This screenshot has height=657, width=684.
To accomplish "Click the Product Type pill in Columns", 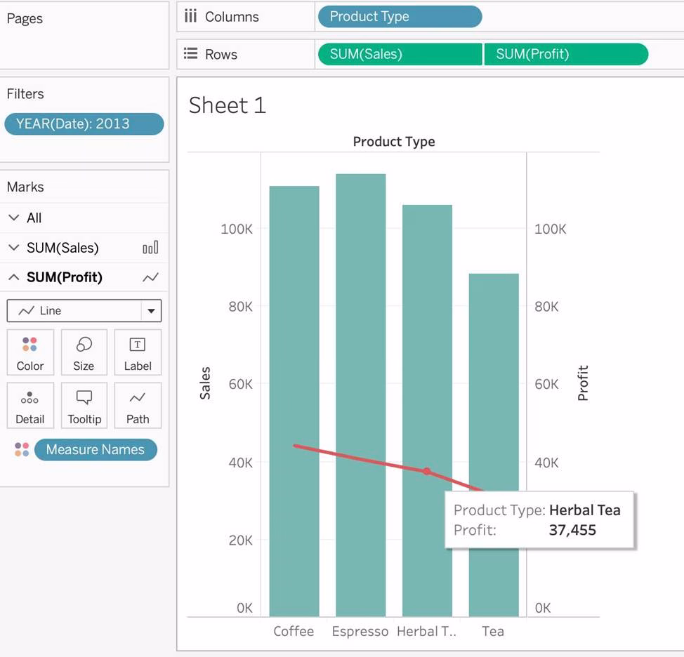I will [x=399, y=17].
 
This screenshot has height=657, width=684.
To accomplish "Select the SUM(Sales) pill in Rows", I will [x=400, y=54].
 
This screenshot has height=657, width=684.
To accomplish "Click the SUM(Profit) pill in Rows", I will [x=565, y=54].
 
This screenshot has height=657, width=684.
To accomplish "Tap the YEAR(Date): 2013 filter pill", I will [x=84, y=124].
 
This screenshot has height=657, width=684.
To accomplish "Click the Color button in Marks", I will [x=30, y=352].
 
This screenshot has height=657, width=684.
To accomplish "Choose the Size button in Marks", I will [x=84, y=352].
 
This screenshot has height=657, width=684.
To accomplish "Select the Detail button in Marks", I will [x=30, y=406].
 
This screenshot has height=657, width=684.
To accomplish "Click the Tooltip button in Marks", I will [x=84, y=406].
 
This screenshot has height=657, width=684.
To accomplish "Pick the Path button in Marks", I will [x=138, y=406].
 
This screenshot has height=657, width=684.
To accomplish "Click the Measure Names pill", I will [x=96, y=450].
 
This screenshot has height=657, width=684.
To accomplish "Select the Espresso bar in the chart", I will [x=360, y=393].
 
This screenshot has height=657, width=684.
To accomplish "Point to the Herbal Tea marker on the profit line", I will [x=427, y=471].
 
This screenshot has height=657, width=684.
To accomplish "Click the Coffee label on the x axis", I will [x=294, y=631].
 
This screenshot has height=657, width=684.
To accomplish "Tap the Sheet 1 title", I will [x=228, y=105].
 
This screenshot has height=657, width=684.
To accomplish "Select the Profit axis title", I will [x=583, y=383].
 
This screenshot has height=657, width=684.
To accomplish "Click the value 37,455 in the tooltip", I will [x=572, y=530].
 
